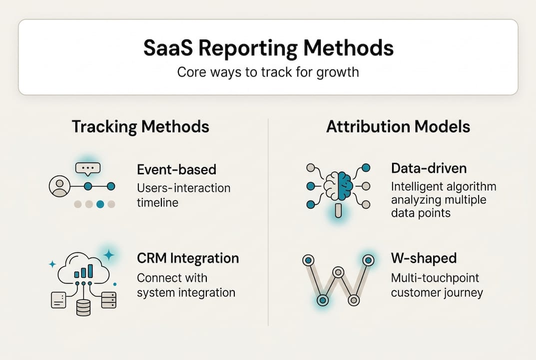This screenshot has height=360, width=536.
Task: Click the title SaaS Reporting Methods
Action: pyautogui.click(x=268, y=48)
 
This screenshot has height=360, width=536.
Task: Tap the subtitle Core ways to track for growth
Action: pyautogui.click(x=268, y=72)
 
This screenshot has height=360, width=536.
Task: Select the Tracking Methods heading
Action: pyautogui.click(x=140, y=126)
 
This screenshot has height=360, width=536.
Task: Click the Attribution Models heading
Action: pyautogui.click(x=398, y=126)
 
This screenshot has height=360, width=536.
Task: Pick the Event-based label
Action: pyautogui.click(x=176, y=169)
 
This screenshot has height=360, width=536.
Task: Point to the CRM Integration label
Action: pyautogui.click(x=188, y=258)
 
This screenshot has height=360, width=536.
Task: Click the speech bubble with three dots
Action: pyautogui.click(x=88, y=168)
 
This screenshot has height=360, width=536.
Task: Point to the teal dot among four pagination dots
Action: pyautogui.click(x=100, y=204)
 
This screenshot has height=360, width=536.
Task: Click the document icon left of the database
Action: pyautogui.click(x=58, y=300)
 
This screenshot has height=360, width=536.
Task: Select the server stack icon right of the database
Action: pyautogui.click(x=108, y=300)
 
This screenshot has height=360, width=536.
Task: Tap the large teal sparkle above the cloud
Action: pyautogui.click(x=108, y=254)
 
